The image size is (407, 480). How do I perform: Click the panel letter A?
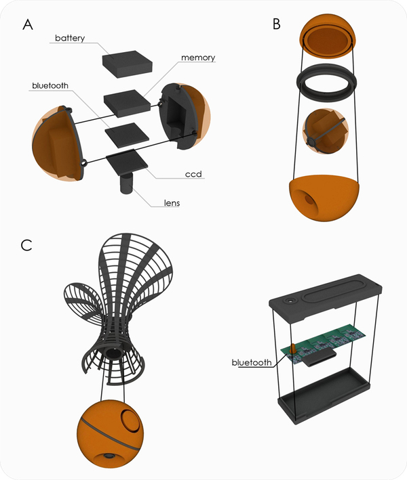[28, 24]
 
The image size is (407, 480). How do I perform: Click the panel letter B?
[276, 24]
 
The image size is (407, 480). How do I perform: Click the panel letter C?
[26, 245]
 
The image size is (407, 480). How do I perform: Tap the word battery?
[70, 39]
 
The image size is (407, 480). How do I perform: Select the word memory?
[198, 58]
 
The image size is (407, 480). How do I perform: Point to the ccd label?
[193, 174]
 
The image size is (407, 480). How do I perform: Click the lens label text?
[172, 203]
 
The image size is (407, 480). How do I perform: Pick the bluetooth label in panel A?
[50, 85]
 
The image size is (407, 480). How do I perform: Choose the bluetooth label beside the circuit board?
[252, 362]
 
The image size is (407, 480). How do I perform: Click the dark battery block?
[128, 64]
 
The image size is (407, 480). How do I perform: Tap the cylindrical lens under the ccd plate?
[126, 183]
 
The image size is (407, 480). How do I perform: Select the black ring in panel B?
[327, 83]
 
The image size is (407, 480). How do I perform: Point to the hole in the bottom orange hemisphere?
[307, 200]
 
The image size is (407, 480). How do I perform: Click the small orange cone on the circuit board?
[293, 348]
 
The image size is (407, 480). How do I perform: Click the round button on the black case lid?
[290, 301]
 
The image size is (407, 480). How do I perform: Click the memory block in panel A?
[127, 103]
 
